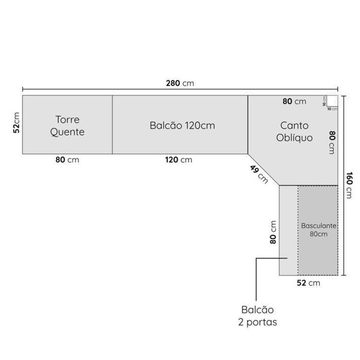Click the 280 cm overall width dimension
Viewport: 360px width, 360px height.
coord(180,83)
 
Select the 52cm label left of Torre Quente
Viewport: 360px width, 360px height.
coord(17,125)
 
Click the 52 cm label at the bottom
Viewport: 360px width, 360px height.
coord(309,282)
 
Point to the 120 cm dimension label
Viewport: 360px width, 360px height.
coord(179,160)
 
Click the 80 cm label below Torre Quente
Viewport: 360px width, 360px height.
coord(67,160)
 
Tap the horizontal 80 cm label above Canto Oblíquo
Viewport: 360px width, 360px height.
coord(294,101)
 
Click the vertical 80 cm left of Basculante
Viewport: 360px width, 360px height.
coord(273,232)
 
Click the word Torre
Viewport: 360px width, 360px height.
coord(67,119)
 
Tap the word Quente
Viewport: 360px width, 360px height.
coord(67,132)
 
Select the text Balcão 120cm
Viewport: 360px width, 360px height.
coord(182,125)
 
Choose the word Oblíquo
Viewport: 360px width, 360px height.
coord(294,137)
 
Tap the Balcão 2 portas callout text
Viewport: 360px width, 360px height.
coord(257,316)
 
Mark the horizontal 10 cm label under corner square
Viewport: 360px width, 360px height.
coord(332,109)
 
